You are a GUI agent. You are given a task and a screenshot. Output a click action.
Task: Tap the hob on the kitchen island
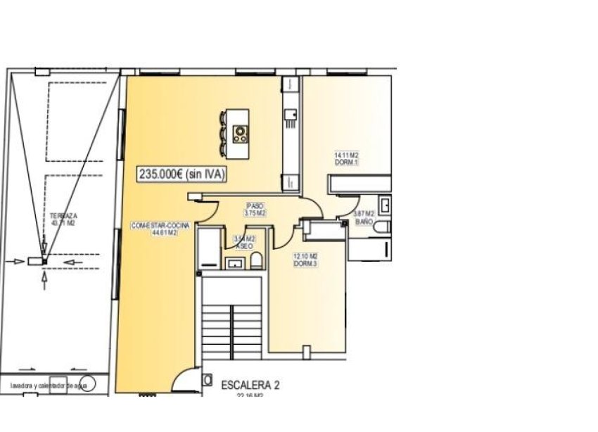241,133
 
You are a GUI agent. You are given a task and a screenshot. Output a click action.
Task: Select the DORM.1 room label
346,158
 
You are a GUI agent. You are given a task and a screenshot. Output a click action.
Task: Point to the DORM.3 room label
306,260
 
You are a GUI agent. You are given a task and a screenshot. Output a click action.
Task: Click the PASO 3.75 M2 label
255,210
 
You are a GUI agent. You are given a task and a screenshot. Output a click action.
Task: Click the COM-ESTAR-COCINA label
154,229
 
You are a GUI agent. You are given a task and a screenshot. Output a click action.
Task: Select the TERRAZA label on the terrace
64,220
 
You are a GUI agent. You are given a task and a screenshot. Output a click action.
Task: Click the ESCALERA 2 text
250,385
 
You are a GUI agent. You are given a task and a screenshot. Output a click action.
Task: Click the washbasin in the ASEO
234,263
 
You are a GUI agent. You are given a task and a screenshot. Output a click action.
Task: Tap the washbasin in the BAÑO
386,206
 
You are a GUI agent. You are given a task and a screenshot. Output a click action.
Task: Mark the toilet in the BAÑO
382,227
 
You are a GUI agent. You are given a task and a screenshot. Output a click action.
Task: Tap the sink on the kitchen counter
289,113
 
